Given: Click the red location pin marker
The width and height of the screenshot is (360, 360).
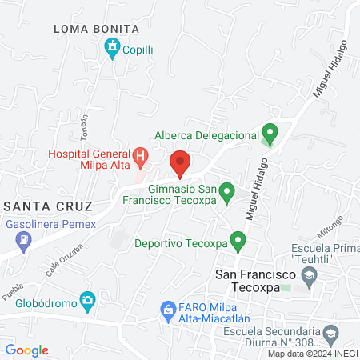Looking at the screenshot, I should pyautogui.click(x=180, y=162).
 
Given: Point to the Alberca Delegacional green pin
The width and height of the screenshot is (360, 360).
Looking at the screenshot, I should pyautogui.click(x=270, y=132).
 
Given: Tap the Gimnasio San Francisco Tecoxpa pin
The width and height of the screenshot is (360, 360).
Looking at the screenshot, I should pyautogui.click(x=226, y=191).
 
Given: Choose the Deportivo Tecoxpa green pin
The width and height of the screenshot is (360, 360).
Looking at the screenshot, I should pyautogui.click(x=237, y=239).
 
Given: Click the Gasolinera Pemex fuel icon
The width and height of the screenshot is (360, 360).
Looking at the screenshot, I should pyautogui.click(x=26, y=238).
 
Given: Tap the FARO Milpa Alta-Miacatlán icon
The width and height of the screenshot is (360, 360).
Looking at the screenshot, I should pyautogui.click(x=168, y=309).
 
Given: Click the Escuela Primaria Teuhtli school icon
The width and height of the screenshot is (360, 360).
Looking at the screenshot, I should pyautogui.click(x=309, y=277).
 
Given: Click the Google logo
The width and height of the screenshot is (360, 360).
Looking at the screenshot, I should pyautogui.click(x=26, y=350).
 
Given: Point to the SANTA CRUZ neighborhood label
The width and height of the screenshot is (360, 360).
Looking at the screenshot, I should pyautogui.click(x=47, y=206).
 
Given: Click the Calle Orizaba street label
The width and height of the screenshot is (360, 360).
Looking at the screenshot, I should pyautogui.click(x=61, y=262).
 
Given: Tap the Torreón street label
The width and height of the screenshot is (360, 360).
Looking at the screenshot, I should pyautogui.click(x=83, y=124).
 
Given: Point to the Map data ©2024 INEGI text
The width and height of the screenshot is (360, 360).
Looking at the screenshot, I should pyautogui.click(x=312, y=354).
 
